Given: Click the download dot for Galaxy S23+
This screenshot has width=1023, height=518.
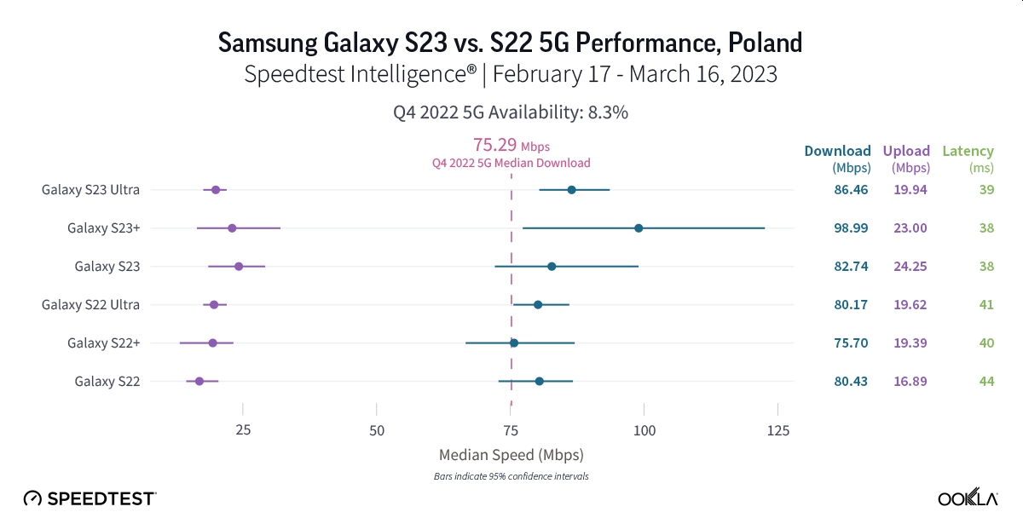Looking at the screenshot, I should pyautogui.click(x=639, y=228).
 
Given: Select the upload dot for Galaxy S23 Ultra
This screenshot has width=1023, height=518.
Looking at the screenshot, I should pyautogui.click(x=216, y=190).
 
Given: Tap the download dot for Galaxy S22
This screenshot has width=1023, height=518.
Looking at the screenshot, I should pyautogui.click(x=539, y=381).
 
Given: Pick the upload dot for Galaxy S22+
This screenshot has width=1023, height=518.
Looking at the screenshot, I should pyautogui.click(x=212, y=342).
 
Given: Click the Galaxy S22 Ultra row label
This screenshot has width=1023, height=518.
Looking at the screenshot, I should pyautogui.click(x=90, y=304).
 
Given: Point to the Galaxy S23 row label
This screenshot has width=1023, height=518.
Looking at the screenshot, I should pyautogui.click(x=107, y=266).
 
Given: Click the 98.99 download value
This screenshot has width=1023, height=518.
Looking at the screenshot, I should pyautogui.click(x=851, y=228).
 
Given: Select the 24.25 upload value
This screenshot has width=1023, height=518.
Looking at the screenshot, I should pyautogui.click(x=910, y=266).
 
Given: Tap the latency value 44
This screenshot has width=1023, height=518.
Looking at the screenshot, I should pyautogui.click(x=986, y=381).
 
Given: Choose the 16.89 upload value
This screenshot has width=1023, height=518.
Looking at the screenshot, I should pyautogui.click(x=910, y=381).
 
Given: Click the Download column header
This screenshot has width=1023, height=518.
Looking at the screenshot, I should pyautogui.click(x=837, y=152).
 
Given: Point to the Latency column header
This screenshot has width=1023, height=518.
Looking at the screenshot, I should pyautogui.click(x=968, y=152).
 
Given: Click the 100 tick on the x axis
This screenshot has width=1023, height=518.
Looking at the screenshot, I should pyautogui.click(x=644, y=430).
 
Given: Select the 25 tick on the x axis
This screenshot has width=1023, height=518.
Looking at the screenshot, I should pyautogui.click(x=243, y=430).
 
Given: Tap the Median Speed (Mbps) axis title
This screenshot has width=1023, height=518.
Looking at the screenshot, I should pyautogui.click(x=511, y=454).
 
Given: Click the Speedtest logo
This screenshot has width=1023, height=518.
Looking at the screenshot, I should pyautogui.click(x=90, y=498).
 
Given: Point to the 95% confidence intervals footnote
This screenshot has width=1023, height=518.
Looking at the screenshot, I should pyautogui.click(x=511, y=476).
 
